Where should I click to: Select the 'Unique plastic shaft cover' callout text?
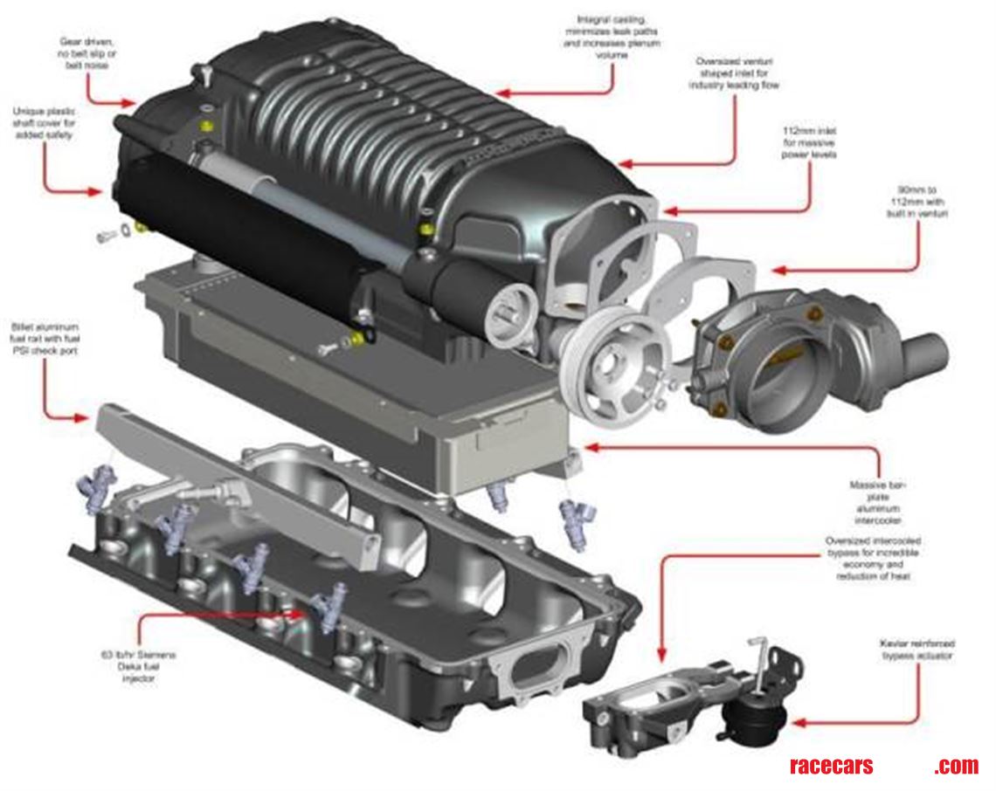pyautogui.click(x=44, y=124)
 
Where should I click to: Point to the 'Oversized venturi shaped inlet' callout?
pyautogui.click(x=733, y=74)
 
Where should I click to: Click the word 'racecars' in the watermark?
pyautogui.click(x=831, y=766)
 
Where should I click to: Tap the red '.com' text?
pyautogui.click(x=956, y=766)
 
